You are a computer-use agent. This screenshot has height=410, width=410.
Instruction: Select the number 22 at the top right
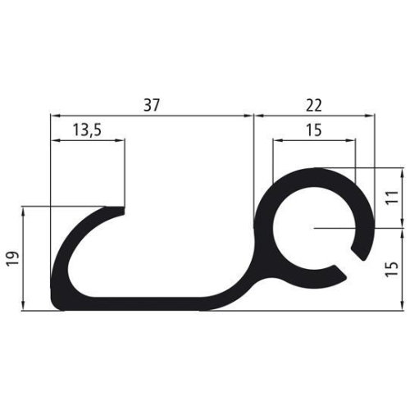coord(313,104)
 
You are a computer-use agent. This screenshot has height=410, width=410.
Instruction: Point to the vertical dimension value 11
coord(392,197)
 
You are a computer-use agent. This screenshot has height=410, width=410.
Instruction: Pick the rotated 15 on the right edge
coord(392,268)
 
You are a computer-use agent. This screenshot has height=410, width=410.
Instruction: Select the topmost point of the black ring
coord(315,170)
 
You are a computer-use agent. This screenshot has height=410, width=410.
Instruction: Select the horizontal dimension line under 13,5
coord(88,139)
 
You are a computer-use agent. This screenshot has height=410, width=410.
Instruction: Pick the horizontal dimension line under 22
coord(313,116)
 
